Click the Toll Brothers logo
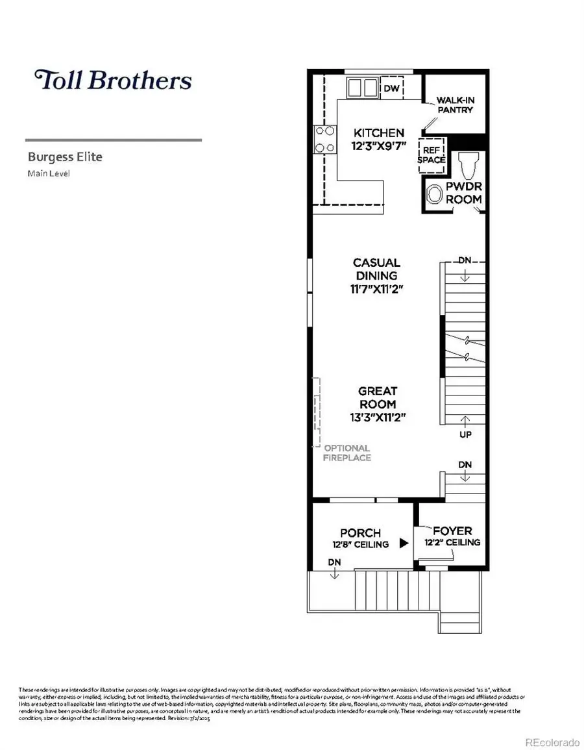[x=114, y=80]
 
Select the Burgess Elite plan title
[x=65, y=156]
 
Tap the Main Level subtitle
[x=48, y=173]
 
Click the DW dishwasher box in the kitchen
[x=391, y=88]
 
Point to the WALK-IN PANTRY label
[x=454, y=105]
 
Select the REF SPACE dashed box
[x=432, y=155]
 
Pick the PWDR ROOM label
[x=463, y=193]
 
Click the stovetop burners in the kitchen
[x=325, y=139]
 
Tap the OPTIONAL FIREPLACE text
[x=347, y=453]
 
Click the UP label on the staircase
[x=465, y=434]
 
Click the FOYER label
[x=452, y=530]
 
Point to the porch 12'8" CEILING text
[x=360, y=544]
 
